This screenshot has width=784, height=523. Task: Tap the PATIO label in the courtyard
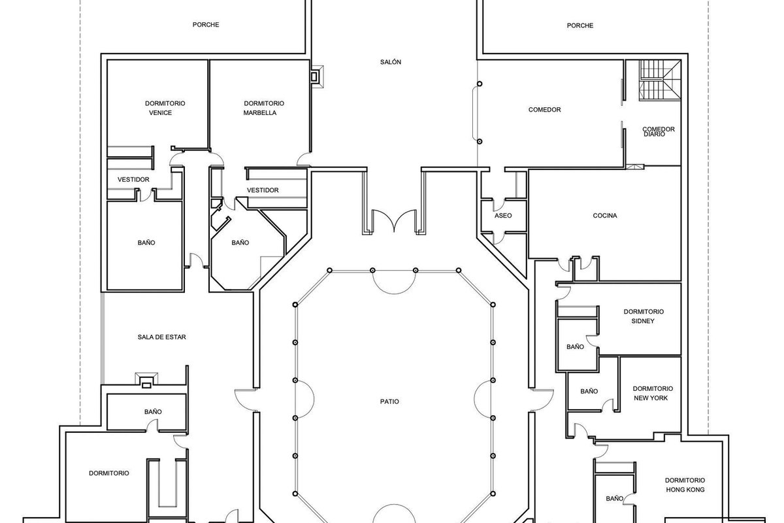tap(391, 401)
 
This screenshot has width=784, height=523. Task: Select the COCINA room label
tap(606, 216)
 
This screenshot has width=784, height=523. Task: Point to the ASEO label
tap(503, 216)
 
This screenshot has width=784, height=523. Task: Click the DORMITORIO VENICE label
tap(165, 108)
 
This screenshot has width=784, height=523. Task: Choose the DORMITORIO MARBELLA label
tap(263, 108)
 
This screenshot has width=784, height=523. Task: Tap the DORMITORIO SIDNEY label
tap(644, 316)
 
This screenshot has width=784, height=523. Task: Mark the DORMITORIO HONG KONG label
tap(684, 484)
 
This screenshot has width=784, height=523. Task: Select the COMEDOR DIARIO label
tap(658, 131)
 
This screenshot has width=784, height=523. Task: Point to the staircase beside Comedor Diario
tap(658, 80)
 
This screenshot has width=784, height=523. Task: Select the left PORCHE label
tap(205, 25)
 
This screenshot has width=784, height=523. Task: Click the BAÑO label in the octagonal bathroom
tap(240, 243)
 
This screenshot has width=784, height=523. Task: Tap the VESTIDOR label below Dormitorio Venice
tap(133, 180)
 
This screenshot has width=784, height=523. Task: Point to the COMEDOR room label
tap(544, 110)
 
